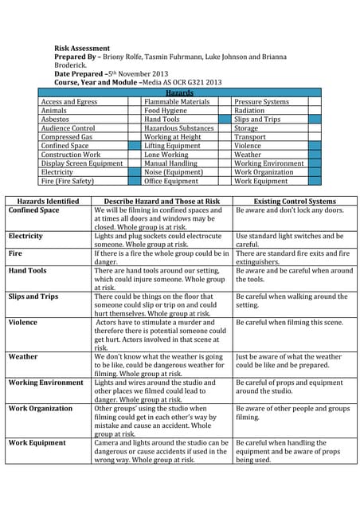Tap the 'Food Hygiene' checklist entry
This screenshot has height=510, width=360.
click(166, 111)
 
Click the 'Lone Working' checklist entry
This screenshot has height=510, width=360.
click(167, 155)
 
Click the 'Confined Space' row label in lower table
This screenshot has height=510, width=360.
click(33, 210)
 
